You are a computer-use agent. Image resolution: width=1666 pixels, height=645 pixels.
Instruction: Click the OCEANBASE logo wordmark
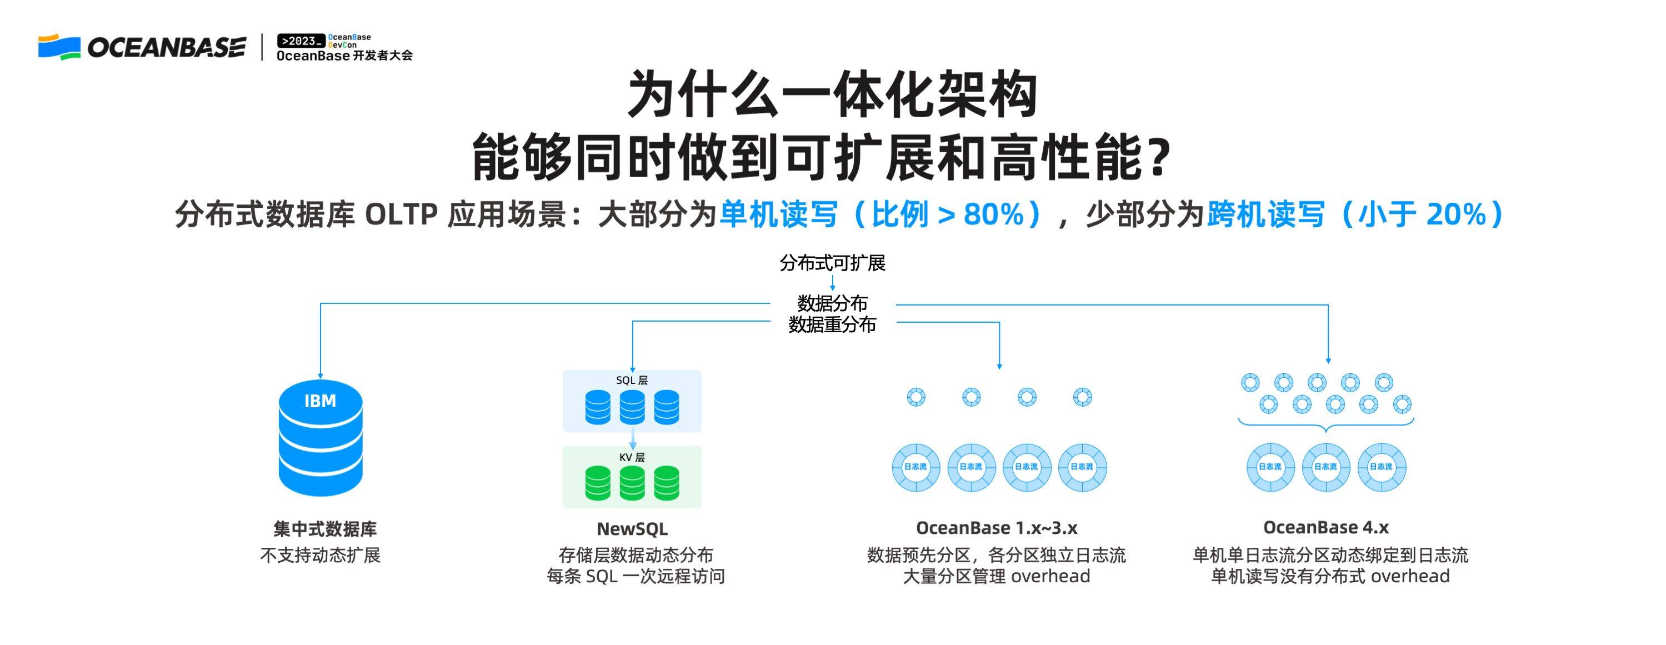166,47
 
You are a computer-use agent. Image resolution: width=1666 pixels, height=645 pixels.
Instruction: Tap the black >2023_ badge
301,41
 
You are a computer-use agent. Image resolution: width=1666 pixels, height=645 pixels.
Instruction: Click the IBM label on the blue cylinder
320,401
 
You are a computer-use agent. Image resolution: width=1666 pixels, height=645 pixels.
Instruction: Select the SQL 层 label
632,381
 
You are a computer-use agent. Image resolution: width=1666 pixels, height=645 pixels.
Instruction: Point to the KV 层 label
632,457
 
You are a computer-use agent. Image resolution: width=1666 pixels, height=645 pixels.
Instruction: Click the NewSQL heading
632,528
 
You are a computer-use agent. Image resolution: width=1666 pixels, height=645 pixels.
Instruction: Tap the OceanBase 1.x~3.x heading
997,528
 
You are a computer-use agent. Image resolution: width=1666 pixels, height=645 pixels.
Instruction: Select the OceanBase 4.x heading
1326,527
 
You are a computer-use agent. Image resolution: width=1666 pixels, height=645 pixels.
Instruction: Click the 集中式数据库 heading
324,529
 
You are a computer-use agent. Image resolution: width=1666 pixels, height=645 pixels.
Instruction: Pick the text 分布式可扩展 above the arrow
832,263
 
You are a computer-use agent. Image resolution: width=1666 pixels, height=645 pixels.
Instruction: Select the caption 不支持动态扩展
320,555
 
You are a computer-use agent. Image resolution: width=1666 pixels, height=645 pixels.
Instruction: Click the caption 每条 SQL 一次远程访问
636,576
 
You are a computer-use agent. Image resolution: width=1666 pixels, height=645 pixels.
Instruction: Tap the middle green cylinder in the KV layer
632,483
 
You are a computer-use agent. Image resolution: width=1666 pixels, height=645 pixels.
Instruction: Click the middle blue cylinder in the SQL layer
632,407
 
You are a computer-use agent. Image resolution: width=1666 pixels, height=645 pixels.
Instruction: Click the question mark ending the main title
1161,158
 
